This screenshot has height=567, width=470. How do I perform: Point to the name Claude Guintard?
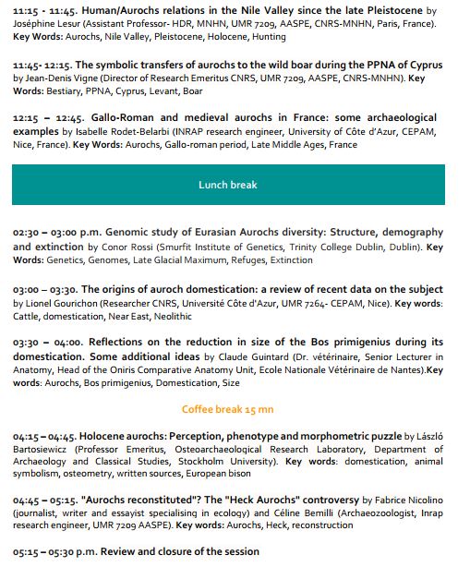click(x=244, y=356)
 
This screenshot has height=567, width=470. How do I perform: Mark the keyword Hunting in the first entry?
click(x=266, y=39)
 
